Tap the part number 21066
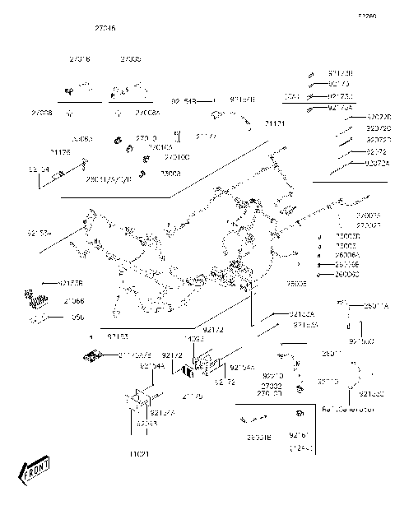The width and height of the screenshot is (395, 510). [x=73, y=302]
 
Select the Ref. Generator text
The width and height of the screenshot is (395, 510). [x=349, y=409]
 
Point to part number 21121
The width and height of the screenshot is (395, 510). [x=274, y=123]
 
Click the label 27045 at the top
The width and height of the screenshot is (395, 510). [x=105, y=27]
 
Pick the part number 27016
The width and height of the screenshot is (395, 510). [x=80, y=59]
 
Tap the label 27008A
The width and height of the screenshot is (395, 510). [x=147, y=112]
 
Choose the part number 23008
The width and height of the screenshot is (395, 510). [x=170, y=174]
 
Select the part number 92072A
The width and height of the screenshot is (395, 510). [x=378, y=163]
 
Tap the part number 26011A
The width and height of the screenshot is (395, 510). [x=376, y=305]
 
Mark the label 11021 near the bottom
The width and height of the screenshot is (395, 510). [x=137, y=454]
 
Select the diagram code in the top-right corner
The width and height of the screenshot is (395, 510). [x=366, y=16]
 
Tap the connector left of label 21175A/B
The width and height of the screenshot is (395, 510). [x=91, y=355]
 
